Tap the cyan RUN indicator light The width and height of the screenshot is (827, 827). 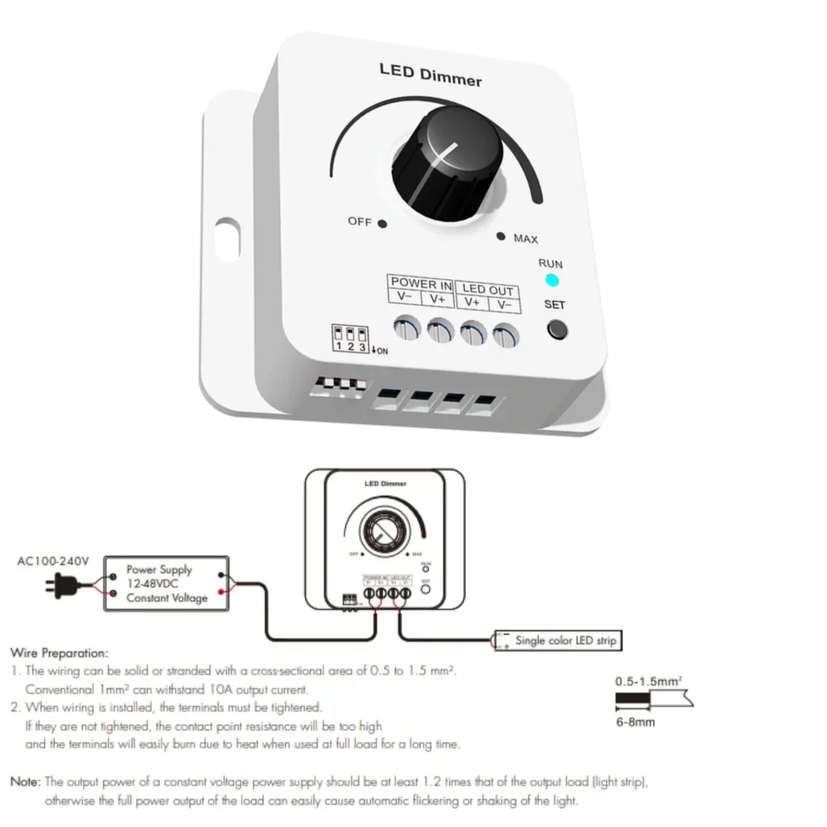[551, 280]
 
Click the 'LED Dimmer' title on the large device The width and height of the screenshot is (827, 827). [431, 75]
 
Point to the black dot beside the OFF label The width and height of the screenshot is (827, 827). [382, 224]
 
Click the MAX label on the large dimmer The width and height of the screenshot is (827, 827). [525, 238]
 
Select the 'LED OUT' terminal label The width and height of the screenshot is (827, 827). [487, 289]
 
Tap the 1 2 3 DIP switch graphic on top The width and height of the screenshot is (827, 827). [350, 338]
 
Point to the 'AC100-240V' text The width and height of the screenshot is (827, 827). [53, 561]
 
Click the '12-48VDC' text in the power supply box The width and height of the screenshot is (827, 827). [152, 584]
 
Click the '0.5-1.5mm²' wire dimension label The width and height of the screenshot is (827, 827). [649, 682]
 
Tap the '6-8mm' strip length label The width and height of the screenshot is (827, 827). [635, 722]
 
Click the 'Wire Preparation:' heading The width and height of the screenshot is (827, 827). [59, 653]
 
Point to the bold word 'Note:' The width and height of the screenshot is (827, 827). [25, 782]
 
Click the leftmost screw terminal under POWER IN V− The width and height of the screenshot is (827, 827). [407, 327]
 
